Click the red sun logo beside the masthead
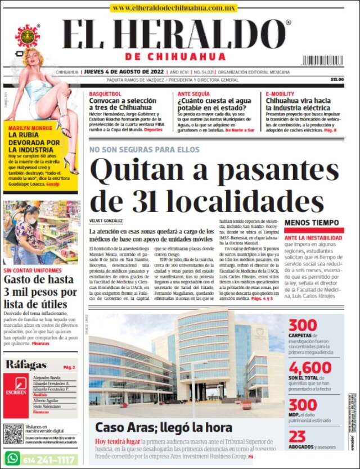(27, 35)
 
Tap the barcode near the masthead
(322, 60)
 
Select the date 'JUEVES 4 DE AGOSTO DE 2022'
(124, 72)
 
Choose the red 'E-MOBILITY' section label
(280, 93)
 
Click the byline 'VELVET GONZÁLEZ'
(107, 221)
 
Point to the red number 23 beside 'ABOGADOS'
(297, 436)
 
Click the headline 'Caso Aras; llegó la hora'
(163, 427)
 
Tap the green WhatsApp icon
(12, 458)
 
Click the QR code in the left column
(13, 434)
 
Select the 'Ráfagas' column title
(26, 364)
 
